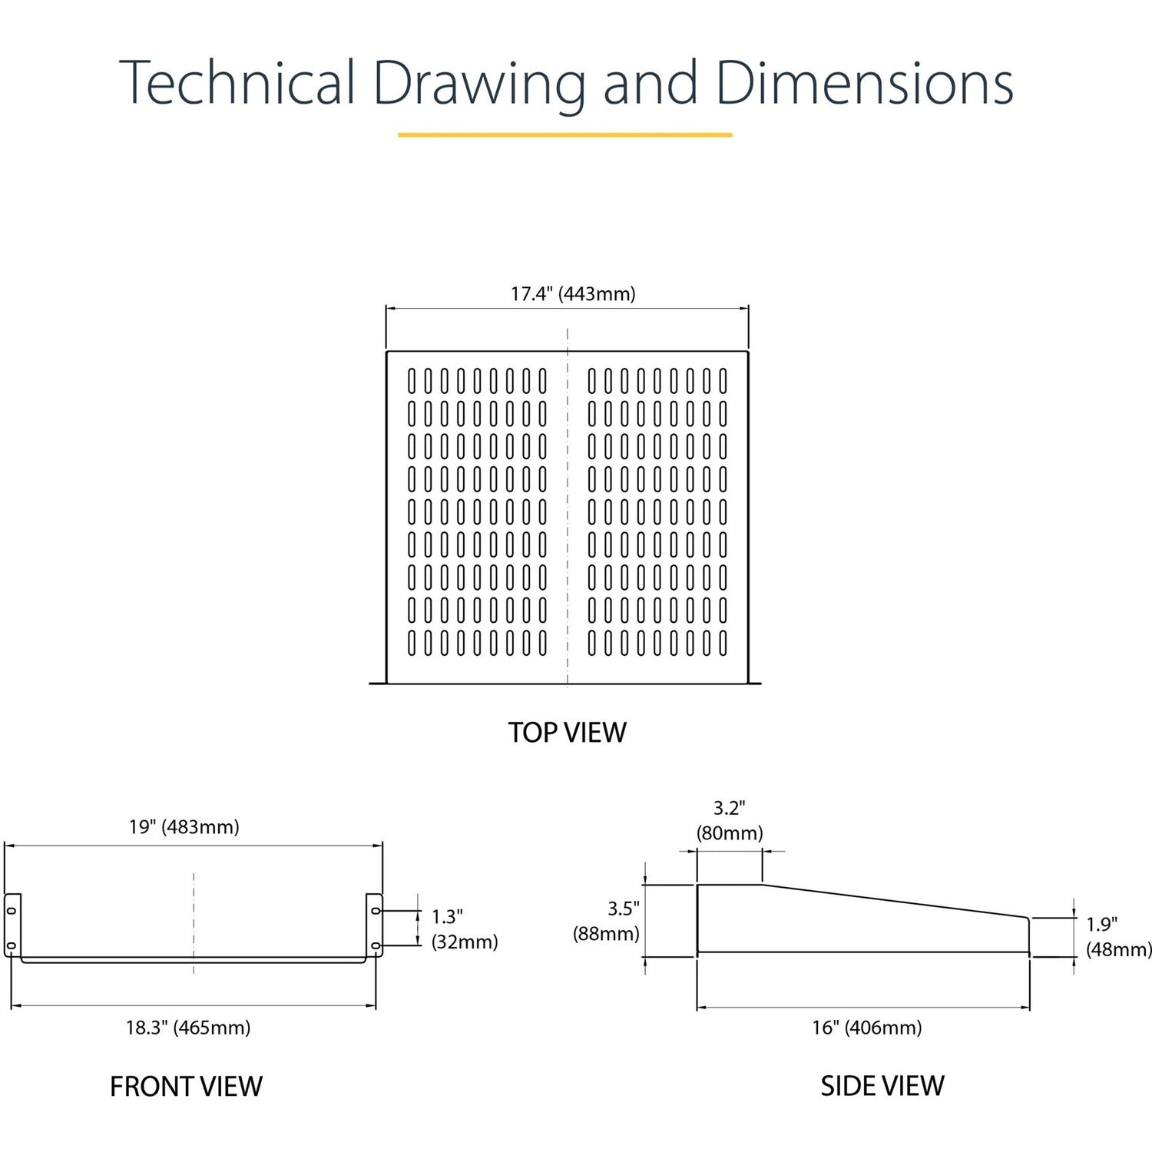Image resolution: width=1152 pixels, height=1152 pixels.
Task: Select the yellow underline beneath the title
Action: [564, 135]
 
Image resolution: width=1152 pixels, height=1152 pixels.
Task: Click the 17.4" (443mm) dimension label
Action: [573, 294]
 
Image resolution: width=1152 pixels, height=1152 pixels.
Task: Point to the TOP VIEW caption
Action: [567, 732]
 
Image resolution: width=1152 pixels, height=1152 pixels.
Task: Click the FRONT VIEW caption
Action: [186, 1086]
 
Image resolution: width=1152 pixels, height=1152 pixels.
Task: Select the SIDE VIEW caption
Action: [882, 1085]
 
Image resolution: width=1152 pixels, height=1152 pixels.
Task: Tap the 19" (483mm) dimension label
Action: [184, 827]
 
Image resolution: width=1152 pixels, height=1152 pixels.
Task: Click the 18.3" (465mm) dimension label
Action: [188, 1028]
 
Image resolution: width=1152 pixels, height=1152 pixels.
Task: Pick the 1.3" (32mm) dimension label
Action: [463, 929]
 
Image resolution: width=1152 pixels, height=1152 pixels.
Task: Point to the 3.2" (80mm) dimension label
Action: [729, 820]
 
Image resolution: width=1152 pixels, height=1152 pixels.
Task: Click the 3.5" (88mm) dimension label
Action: [607, 921]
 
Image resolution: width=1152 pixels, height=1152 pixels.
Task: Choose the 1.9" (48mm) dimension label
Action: [1118, 937]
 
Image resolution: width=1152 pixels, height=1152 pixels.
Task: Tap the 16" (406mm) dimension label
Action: [867, 1028]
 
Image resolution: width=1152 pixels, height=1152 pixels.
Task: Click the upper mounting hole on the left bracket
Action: [12, 911]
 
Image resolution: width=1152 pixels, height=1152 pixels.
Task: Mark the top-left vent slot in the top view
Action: [412, 381]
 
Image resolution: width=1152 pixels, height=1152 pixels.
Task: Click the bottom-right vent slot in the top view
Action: [723, 643]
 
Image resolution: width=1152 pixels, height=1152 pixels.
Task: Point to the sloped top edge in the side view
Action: [895, 901]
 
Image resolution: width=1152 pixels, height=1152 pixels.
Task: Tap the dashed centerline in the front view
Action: [194, 922]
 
